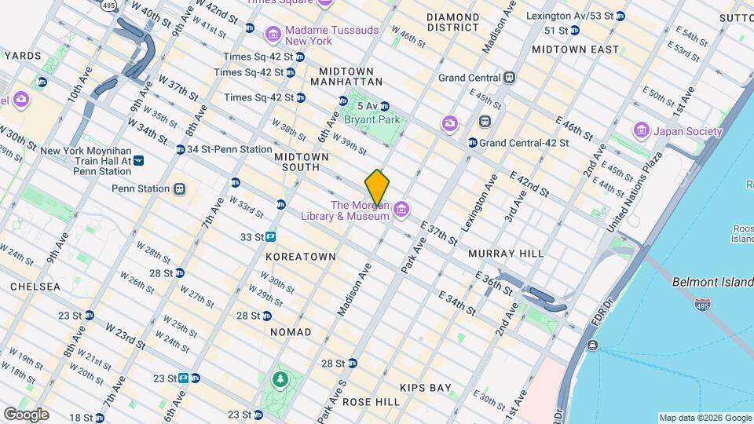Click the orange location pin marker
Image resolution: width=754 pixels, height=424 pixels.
click(377, 187)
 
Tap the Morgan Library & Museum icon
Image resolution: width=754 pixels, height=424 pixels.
click(401, 208)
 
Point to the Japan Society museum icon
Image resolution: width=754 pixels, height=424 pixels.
click(641, 130)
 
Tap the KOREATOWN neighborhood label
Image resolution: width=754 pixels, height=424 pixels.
click(301, 257)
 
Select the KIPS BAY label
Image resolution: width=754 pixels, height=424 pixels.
click(425, 388)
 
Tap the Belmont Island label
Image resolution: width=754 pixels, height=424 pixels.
click(712, 282)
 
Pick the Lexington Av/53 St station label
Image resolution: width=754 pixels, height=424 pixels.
click(575, 16)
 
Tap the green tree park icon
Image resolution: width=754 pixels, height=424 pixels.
click(280, 380)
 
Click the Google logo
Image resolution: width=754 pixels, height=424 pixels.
click(26, 414)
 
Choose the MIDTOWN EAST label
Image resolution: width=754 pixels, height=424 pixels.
click(575, 49)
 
